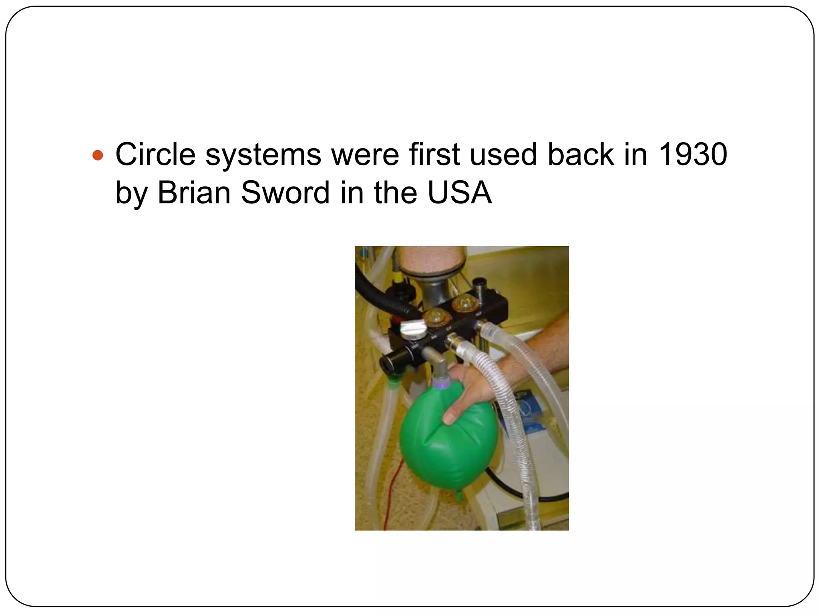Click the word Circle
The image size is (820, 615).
155,154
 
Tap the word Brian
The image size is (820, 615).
194,193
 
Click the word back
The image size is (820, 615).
580,154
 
